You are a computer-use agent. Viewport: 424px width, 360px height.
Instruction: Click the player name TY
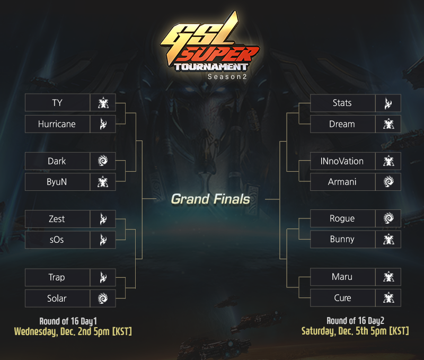tap(57, 103)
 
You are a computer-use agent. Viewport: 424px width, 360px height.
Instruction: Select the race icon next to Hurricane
tap(103, 124)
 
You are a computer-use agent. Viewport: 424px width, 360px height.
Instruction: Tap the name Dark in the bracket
tap(57, 161)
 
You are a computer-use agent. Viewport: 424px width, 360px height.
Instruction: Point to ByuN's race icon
tap(103, 182)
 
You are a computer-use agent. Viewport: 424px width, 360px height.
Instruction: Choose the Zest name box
tap(57, 219)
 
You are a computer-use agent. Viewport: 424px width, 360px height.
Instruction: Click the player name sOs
tap(57, 240)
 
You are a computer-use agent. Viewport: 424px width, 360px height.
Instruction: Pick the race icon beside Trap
tap(103, 277)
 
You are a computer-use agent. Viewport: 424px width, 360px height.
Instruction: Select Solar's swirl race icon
tap(103, 298)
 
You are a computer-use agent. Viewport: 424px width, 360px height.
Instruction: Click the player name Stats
tap(342, 103)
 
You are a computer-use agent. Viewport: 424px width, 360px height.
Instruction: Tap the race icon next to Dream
tap(388, 124)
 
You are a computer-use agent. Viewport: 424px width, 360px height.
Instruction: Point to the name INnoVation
tap(342, 161)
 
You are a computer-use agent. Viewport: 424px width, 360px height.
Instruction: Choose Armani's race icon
tap(388, 182)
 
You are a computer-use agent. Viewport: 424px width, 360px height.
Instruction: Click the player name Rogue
tap(342, 218)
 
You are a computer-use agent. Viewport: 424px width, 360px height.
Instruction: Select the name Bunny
tap(342, 239)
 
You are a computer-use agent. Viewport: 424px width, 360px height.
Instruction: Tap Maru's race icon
tap(388, 277)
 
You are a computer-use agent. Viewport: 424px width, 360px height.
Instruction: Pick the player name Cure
tap(342, 298)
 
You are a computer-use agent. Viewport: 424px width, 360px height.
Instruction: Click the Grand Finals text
tap(210, 199)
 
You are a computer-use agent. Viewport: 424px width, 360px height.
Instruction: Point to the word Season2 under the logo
tap(227, 77)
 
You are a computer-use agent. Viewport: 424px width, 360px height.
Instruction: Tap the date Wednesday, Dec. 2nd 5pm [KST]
tap(73, 331)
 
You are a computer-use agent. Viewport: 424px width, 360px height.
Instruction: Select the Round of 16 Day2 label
tap(355, 321)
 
